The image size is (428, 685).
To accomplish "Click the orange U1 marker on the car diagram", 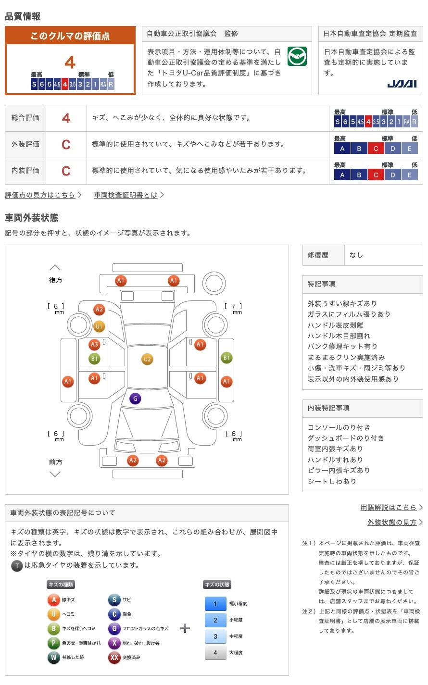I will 99,327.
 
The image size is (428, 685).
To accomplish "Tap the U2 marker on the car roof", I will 147,359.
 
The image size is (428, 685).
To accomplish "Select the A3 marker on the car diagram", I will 94,344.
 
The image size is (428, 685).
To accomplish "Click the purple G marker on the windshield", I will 135,399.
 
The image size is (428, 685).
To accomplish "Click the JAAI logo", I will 402,84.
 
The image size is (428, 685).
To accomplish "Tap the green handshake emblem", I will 297,56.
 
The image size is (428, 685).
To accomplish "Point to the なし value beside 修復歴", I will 356,255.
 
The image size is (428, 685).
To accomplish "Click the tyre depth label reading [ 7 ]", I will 233,306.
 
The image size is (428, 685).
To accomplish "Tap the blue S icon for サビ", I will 114,599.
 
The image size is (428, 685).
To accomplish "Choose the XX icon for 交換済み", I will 114,657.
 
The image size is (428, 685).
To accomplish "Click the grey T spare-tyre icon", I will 17,566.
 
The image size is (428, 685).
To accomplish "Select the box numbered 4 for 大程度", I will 215,652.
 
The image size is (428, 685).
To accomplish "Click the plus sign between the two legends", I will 185,628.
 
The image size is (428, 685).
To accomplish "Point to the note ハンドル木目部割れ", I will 339,336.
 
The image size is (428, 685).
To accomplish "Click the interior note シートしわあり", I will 332,481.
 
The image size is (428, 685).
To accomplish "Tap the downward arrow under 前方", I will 55,474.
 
